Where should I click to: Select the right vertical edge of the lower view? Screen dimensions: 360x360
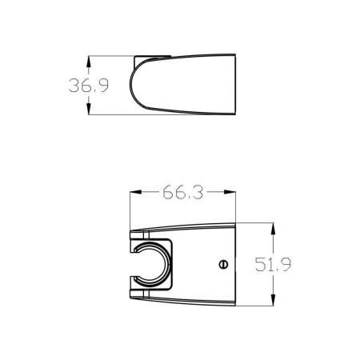tap(236, 264)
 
